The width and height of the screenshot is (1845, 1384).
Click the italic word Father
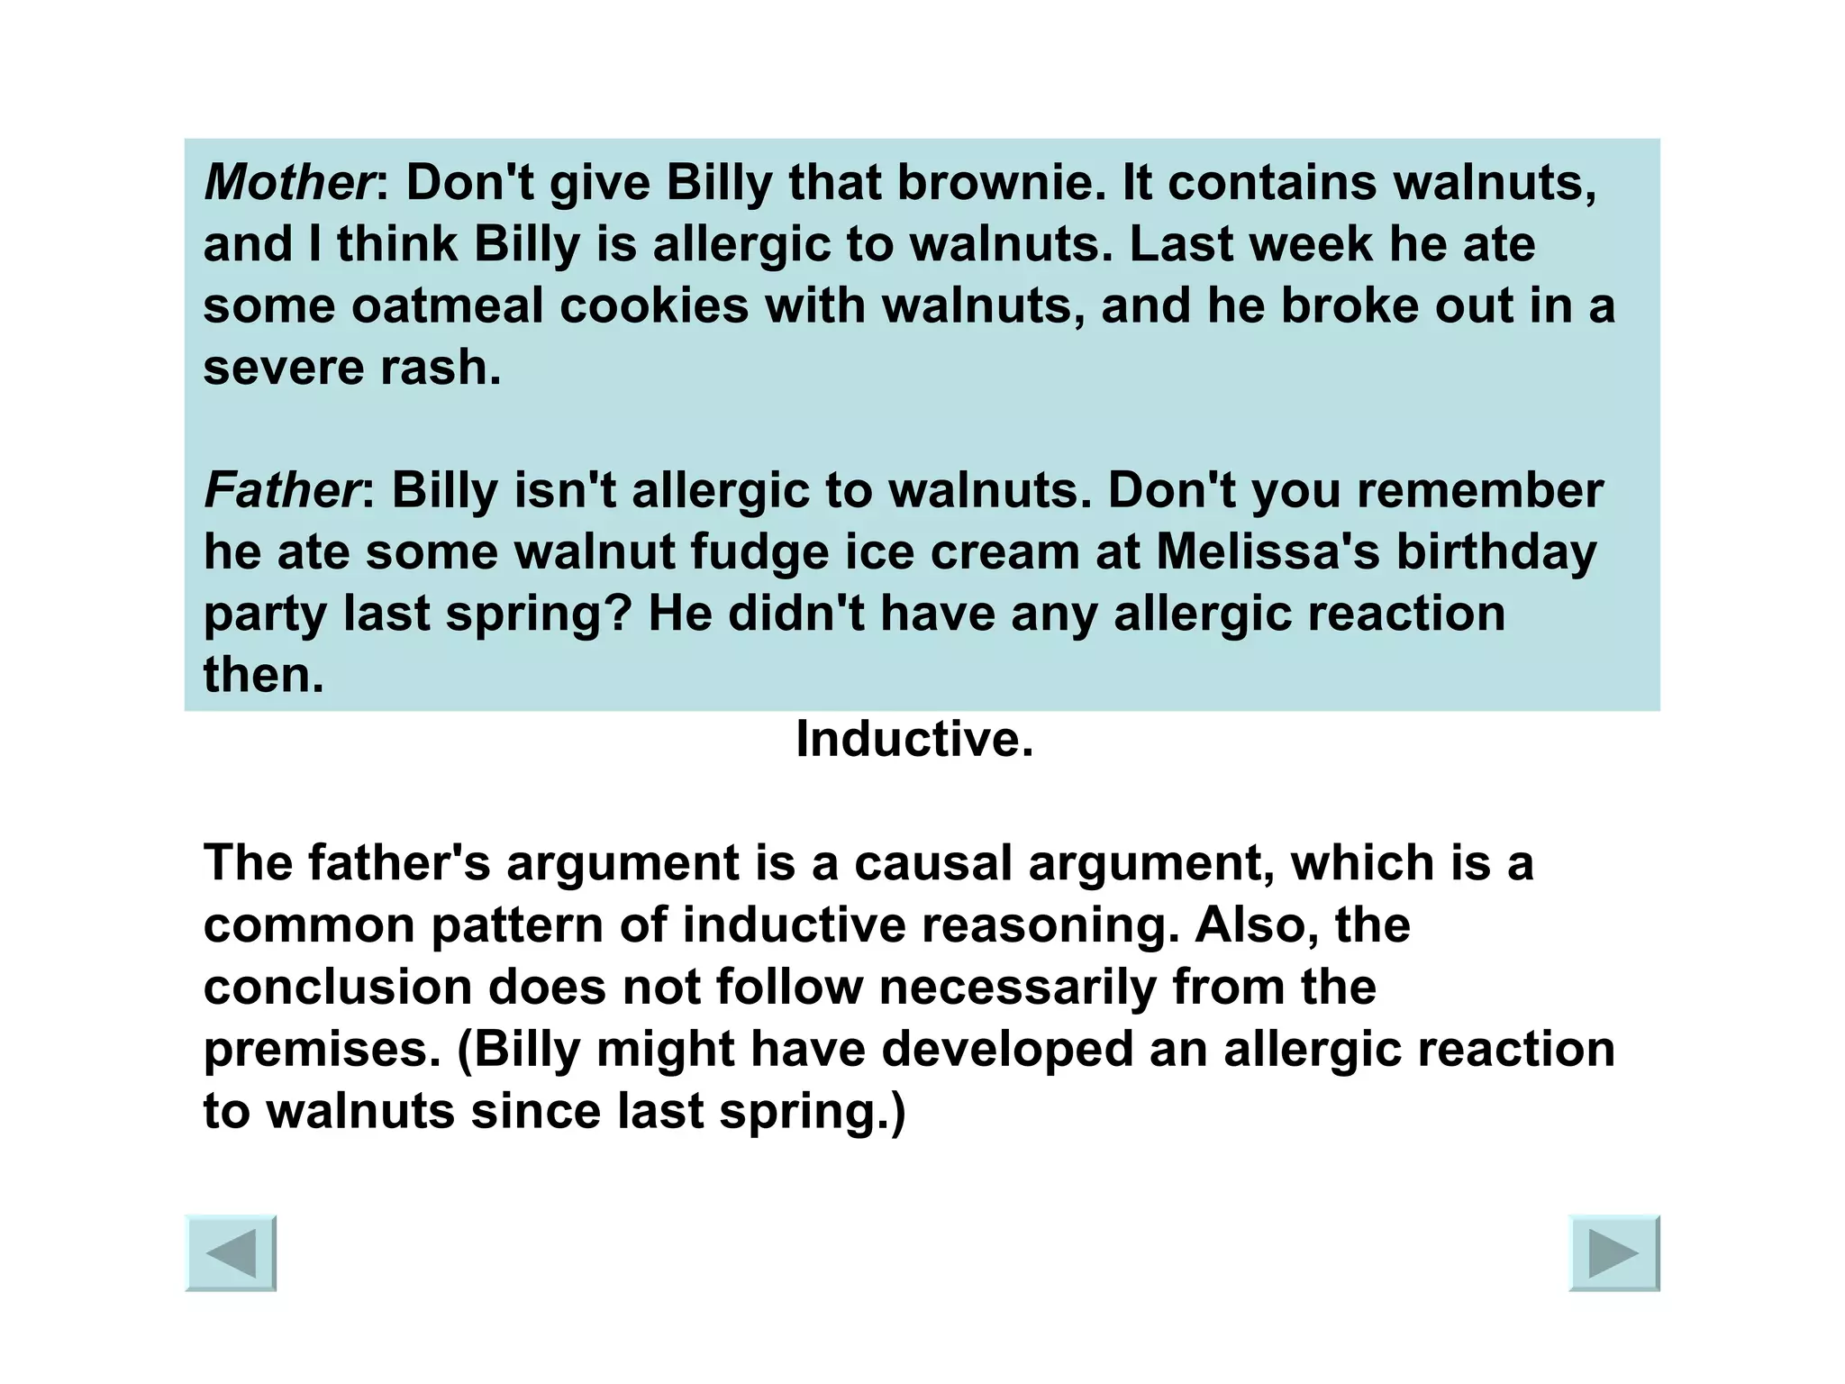(281, 491)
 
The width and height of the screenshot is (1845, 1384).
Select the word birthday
(1495, 552)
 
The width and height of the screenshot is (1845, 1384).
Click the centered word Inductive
(913, 740)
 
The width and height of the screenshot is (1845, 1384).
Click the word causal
(932, 863)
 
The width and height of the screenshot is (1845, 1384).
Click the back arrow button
(231, 1253)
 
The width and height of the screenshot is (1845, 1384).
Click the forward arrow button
(1613, 1253)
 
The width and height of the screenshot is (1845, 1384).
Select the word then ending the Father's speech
(262, 676)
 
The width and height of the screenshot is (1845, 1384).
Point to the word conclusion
(338, 988)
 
